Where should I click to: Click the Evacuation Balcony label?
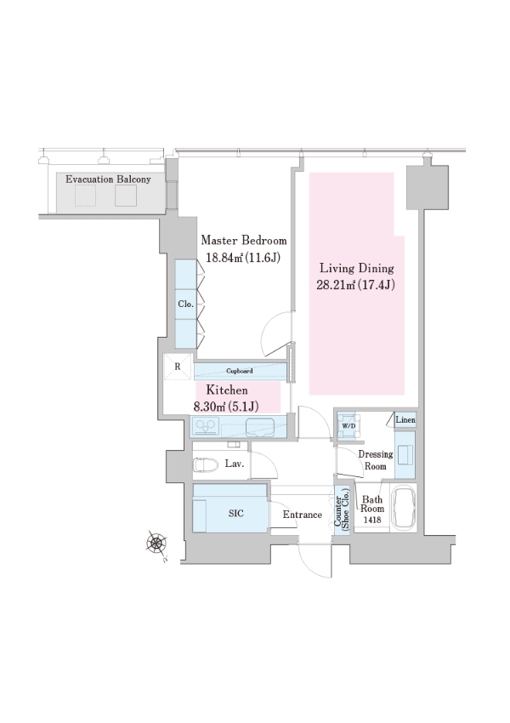(x=108, y=179)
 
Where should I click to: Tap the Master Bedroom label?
(x=244, y=240)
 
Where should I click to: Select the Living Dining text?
(x=357, y=268)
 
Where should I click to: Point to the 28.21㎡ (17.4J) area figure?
(x=355, y=285)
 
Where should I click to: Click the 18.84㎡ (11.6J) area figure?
(x=243, y=257)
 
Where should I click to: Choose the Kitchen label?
(x=227, y=390)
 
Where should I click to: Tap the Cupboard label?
(x=240, y=371)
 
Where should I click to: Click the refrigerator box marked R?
(x=178, y=367)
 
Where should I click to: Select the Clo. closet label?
(x=185, y=304)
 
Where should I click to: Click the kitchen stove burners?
(x=206, y=426)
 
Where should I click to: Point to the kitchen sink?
(x=260, y=427)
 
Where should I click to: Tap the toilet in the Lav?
(x=206, y=464)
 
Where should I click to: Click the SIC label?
(x=236, y=513)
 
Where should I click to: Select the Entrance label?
(x=303, y=515)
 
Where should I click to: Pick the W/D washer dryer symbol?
(x=348, y=425)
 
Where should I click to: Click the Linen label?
(x=405, y=420)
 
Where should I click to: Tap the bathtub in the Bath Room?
(x=403, y=507)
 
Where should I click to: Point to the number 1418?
(x=372, y=520)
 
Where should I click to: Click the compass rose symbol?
(x=156, y=544)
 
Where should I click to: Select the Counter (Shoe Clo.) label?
(x=342, y=512)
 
